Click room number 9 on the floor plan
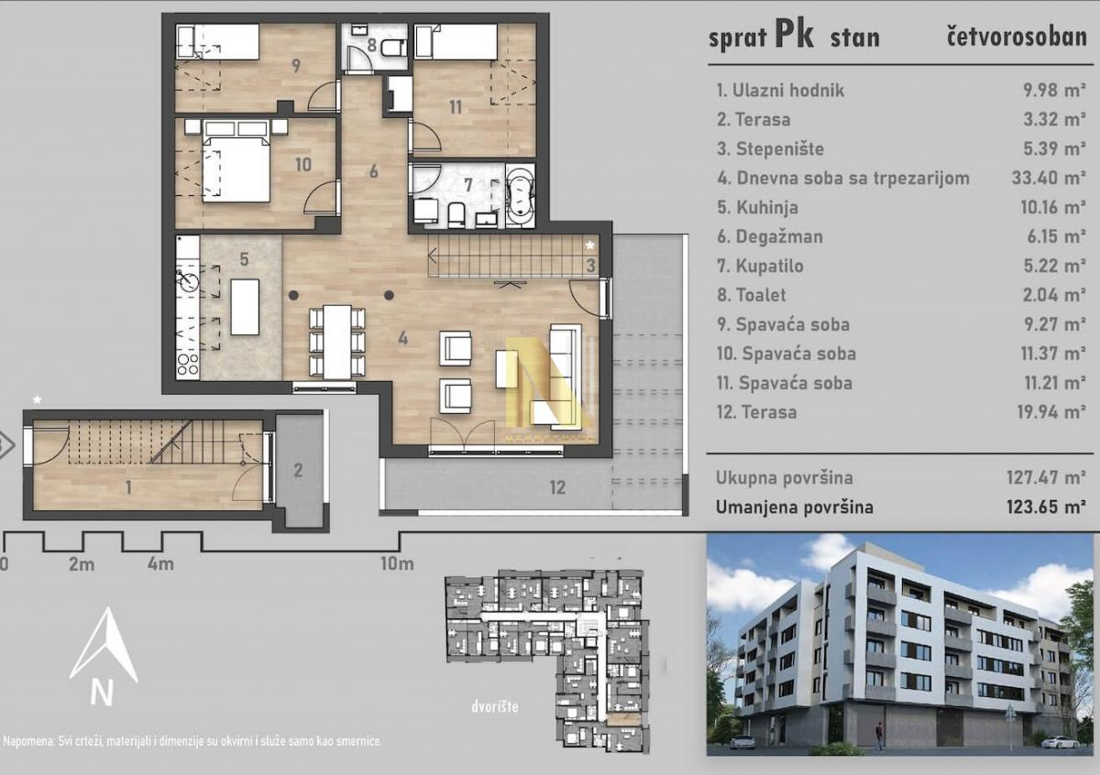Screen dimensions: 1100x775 tap(295, 65)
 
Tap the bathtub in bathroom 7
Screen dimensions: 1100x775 tap(520, 196)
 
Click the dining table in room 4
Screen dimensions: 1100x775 tap(337, 342)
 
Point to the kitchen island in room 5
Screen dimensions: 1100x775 tap(245, 307)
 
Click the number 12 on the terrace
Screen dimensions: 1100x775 tap(557, 487)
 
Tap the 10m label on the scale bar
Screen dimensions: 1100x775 tap(397, 563)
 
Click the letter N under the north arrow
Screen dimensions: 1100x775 tap(102, 691)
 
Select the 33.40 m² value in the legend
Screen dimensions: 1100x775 tap(1048, 178)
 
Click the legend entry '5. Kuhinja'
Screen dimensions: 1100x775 tap(757, 208)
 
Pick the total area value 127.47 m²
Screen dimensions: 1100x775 tap(1046, 477)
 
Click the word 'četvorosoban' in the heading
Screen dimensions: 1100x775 tap(1017, 38)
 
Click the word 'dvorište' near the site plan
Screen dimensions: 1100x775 tap(494, 707)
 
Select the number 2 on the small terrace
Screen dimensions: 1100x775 tap(298, 471)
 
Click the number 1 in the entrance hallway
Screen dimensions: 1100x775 tap(128, 487)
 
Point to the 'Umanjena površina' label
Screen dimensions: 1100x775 tap(794, 507)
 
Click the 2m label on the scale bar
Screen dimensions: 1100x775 tap(81, 564)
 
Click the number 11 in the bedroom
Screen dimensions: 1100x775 tap(456, 107)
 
